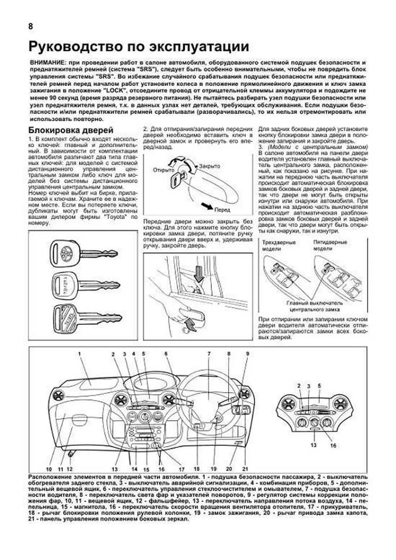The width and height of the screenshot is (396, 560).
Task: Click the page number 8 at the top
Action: tap(31, 26)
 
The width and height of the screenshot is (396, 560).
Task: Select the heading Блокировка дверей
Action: tap(71, 130)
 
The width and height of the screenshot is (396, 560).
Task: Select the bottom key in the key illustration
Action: tap(86, 318)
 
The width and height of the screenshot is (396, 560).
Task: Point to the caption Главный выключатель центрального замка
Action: tap(314, 306)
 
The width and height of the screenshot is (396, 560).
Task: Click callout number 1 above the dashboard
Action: tap(80, 354)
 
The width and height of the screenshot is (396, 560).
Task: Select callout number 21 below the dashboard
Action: tap(245, 469)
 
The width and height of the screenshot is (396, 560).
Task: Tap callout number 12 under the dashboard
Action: tap(70, 469)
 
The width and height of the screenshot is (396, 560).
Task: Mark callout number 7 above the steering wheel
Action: tap(209, 354)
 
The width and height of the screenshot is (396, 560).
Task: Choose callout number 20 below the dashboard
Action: tap(229, 469)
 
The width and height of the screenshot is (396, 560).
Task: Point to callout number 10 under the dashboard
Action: tap(49, 469)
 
